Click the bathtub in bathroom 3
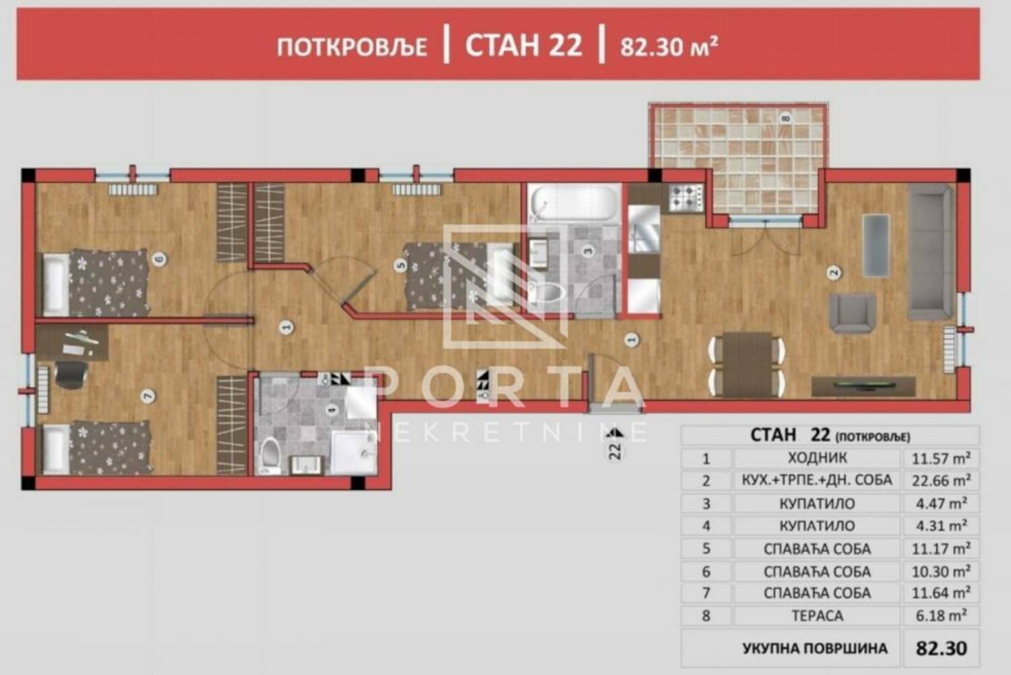pos(574,203)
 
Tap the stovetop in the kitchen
pos(686,197)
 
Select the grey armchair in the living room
pos(853,313)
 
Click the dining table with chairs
pos(747,364)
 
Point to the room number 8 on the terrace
pos(786,118)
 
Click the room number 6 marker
pos(159,259)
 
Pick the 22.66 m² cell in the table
pos(941,480)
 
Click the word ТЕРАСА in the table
pos(818,616)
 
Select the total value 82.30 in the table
pos(942,648)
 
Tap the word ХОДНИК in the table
pos(818,459)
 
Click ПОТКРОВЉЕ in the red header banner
pos(352,47)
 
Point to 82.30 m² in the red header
pos(669,46)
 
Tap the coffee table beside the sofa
pos(876,245)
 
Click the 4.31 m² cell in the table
pos(941,525)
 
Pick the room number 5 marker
pos(401,266)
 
